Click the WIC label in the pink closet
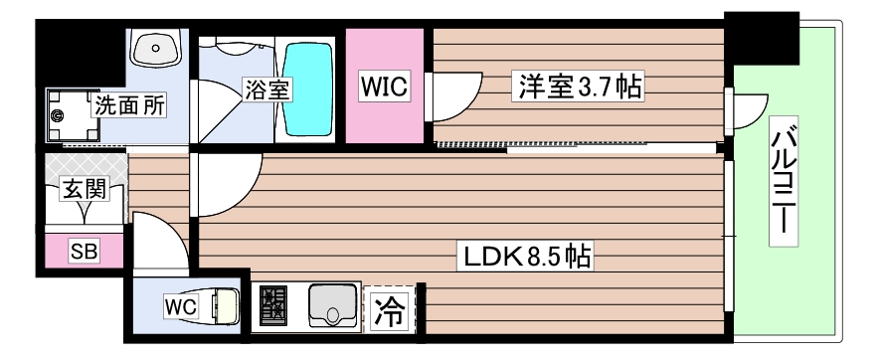click(x=385, y=87)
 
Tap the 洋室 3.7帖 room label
click(x=577, y=87)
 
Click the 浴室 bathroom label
click(x=266, y=89)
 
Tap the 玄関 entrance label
click(x=84, y=188)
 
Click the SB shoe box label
click(x=83, y=252)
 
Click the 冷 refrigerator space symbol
click(x=390, y=311)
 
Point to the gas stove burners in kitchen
click(x=271, y=305)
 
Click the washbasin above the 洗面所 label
click(x=154, y=49)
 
